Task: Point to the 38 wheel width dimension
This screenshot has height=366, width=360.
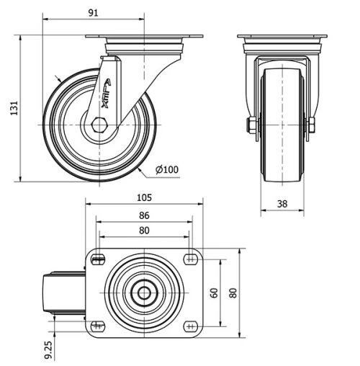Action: pyautogui.click(x=282, y=204)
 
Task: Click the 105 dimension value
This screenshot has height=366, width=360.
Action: pyautogui.click(x=144, y=197)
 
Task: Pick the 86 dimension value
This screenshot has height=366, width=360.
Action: pyautogui.click(x=144, y=215)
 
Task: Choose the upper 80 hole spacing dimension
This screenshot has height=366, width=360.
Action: pyautogui.click(x=144, y=231)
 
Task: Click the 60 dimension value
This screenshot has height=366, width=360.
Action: pyautogui.click(x=214, y=293)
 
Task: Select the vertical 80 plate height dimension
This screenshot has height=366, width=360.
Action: pyautogui.click(x=233, y=293)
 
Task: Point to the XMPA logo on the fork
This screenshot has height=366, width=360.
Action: pyautogui.click(x=105, y=92)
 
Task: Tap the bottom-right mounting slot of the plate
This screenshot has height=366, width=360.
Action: pyautogui.click(x=191, y=325)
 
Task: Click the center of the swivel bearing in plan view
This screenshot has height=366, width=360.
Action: pyautogui.click(x=144, y=293)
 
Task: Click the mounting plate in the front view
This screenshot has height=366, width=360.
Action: pyautogui.click(x=282, y=37)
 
